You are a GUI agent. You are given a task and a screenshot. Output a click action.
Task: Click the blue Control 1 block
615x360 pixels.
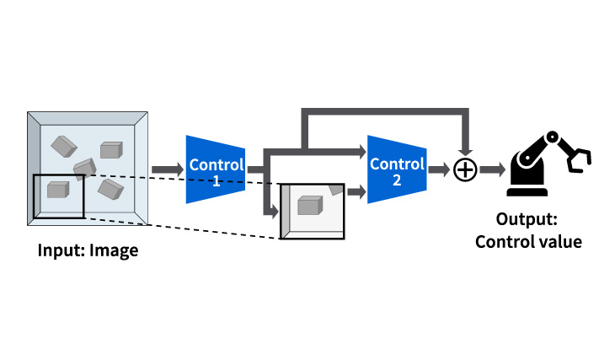click(x=216, y=169)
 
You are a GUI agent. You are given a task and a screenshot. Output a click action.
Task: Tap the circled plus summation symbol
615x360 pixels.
click(x=464, y=170)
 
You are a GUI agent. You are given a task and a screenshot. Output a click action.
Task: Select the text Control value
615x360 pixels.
click(x=529, y=243)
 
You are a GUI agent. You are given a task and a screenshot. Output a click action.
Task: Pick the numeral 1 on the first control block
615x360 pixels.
click(x=216, y=180)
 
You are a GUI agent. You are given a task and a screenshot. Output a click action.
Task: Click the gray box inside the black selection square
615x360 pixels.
click(x=57, y=190)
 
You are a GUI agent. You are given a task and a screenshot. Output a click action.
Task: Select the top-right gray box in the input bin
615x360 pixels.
click(x=111, y=151)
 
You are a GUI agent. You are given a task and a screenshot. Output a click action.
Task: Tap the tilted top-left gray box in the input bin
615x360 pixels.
click(x=64, y=146)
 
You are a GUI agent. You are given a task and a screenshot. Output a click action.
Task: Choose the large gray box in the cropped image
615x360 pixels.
click(x=310, y=205)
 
